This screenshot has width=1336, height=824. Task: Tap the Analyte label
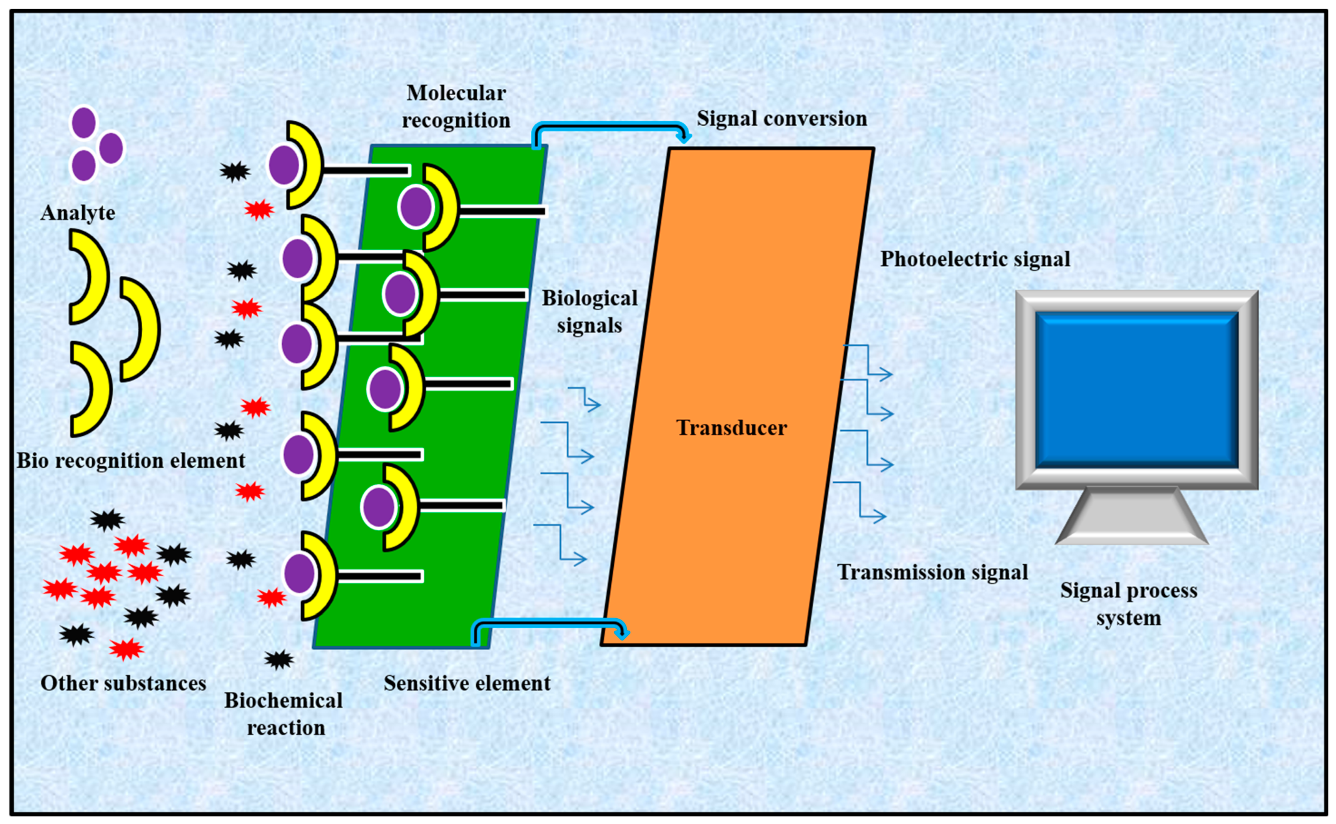click(x=78, y=212)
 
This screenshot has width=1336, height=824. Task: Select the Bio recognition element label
click(x=131, y=461)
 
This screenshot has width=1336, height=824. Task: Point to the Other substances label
click(x=123, y=683)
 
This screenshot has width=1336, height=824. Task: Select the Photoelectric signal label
click(x=974, y=259)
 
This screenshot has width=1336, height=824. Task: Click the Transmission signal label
click(x=932, y=572)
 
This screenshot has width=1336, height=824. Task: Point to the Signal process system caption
click(x=1128, y=604)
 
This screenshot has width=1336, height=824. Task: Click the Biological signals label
click(x=589, y=312)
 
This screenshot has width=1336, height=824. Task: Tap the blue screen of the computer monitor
click(x=1137, y=389)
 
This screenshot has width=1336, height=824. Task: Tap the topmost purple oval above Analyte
click(x=84, y=122)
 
